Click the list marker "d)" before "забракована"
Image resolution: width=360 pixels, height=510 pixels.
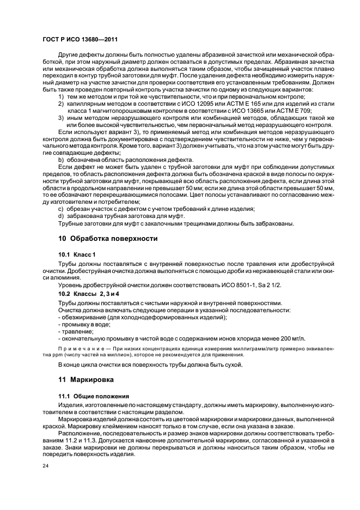click(61, 216)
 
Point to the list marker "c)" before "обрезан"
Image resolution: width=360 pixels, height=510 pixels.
click(61, 209)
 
